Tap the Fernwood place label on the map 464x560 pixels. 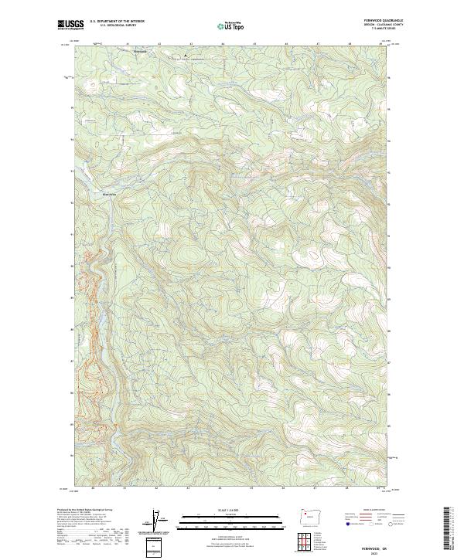[x=140, y=52]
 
